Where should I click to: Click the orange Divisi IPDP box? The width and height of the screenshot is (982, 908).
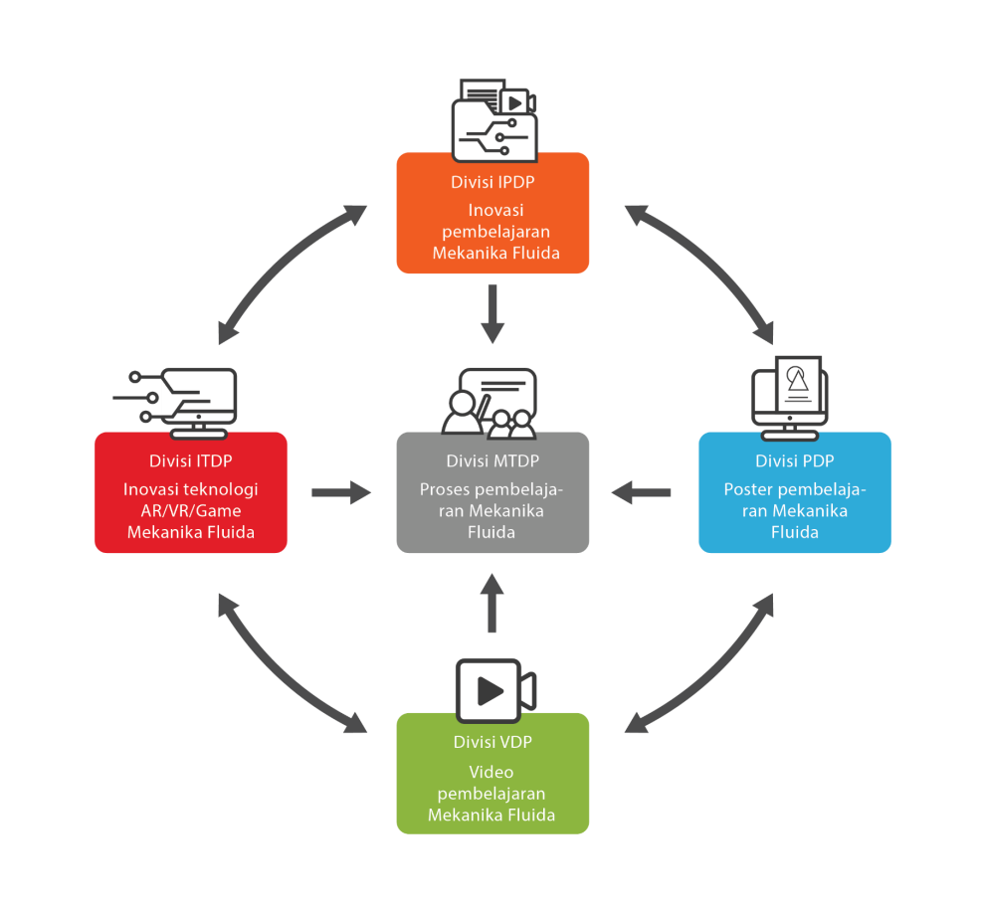(x=492, y=213)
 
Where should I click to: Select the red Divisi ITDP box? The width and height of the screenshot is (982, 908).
(x=190, y=492)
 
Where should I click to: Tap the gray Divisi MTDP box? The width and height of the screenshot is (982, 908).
(x=492, y=492)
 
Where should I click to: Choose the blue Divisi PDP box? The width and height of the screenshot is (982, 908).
(x=795, y=492)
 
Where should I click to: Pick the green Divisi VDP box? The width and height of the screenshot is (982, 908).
(x=492, y=774)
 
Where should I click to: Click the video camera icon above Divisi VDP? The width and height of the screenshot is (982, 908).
(x=496, y=691)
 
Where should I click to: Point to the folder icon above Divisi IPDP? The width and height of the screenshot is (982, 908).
(x=494, y=120)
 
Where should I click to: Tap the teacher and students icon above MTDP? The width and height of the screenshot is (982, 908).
(x=490, y=403)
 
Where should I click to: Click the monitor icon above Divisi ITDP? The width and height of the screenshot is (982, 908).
(x=175, y=403)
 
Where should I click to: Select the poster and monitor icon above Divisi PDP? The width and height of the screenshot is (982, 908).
(x=790, y=398)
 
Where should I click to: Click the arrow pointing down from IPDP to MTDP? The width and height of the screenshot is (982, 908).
(x=492, y=313)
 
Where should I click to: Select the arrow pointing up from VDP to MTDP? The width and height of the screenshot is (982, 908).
(x=492, y=603)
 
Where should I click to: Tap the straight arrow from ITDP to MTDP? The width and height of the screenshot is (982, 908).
(x=341, y=492)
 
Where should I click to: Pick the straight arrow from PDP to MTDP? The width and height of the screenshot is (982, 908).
(x=642, y=492)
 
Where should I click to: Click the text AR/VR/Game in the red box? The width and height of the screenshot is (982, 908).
(x=191, y=511)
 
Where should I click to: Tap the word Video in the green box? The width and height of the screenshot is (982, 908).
(x=491, y=772)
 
